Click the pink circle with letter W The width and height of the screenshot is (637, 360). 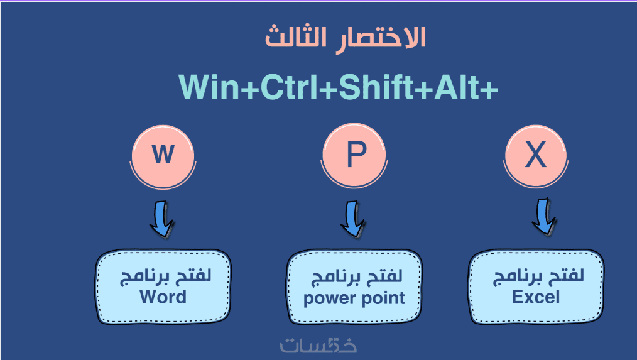[163, 156]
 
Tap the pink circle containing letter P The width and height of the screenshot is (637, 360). [354, 155]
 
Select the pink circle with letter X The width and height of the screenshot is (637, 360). [536, 156]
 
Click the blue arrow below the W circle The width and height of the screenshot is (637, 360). [161, 219]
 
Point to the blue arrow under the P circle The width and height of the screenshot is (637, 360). [352, 219]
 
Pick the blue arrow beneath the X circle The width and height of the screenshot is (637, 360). [543, 217]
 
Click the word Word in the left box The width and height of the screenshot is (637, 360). [163, 297]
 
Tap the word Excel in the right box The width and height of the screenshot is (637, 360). [535, 297]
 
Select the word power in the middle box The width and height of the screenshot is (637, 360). [329, 299]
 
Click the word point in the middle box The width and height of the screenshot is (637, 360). [383, 298]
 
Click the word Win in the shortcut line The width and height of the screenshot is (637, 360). [209, 87]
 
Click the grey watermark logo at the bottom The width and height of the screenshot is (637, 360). [318, 345]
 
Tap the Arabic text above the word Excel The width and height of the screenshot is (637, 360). [538, 276]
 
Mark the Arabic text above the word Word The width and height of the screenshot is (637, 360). [165, 276]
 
